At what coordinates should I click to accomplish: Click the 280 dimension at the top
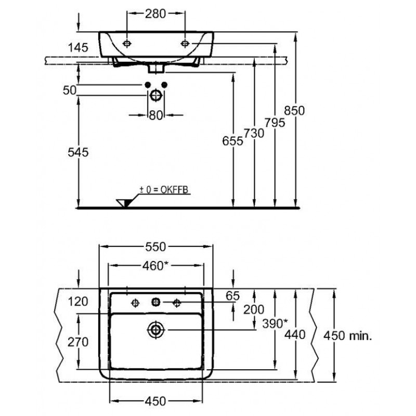(156, 14)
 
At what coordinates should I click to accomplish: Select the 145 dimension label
(77, 47)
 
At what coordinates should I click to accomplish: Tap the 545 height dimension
(78, 152)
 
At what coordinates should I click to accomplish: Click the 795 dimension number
(275, 123)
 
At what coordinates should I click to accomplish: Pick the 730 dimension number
(254, 133)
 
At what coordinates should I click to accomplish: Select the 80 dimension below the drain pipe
(156, 115)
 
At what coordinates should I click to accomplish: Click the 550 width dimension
(155, 246)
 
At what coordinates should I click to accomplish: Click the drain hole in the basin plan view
(155, 329)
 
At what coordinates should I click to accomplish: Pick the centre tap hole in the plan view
(155, 302)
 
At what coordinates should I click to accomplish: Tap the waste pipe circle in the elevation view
(156, 96)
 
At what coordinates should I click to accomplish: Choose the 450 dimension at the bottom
(155, 401)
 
